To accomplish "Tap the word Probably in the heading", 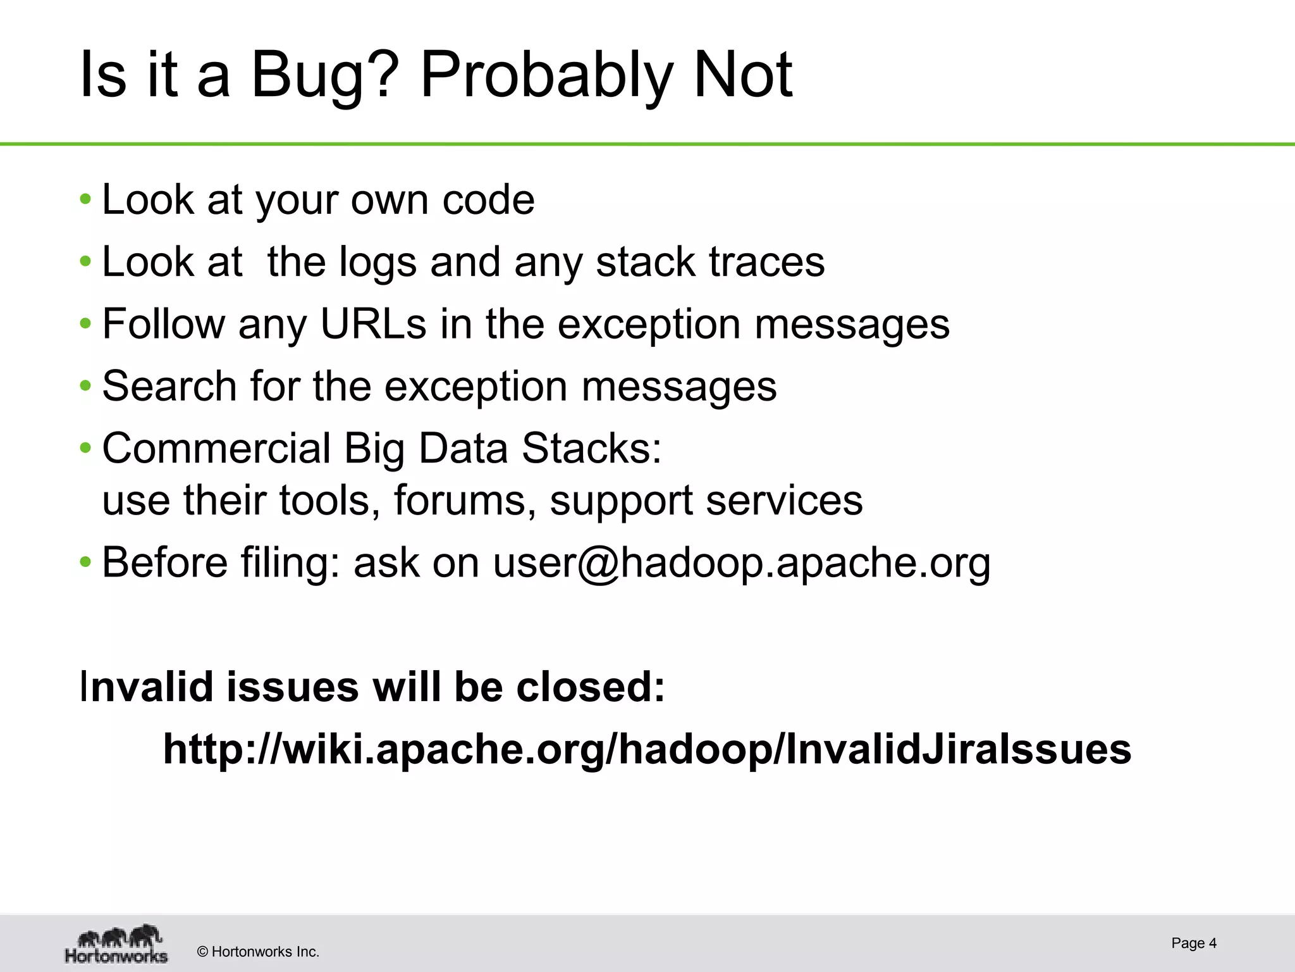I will click(545, 76).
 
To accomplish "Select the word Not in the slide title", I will click(742, 76).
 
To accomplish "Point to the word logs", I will click(377, 263).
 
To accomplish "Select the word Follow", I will click(163, 324).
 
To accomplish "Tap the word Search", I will click(169, 386).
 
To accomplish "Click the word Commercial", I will click(216, 448).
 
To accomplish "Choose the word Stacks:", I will click(591, 448).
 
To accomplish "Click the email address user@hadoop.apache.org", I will click(741, 563).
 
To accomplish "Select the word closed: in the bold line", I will click(591, 687).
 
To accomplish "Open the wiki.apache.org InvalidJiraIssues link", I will click(647, 750).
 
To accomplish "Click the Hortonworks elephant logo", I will click(117, 944).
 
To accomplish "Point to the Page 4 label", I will click(1193, 944).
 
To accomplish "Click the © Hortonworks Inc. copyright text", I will click(258, 952).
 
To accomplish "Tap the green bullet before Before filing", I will click(85, 563).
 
